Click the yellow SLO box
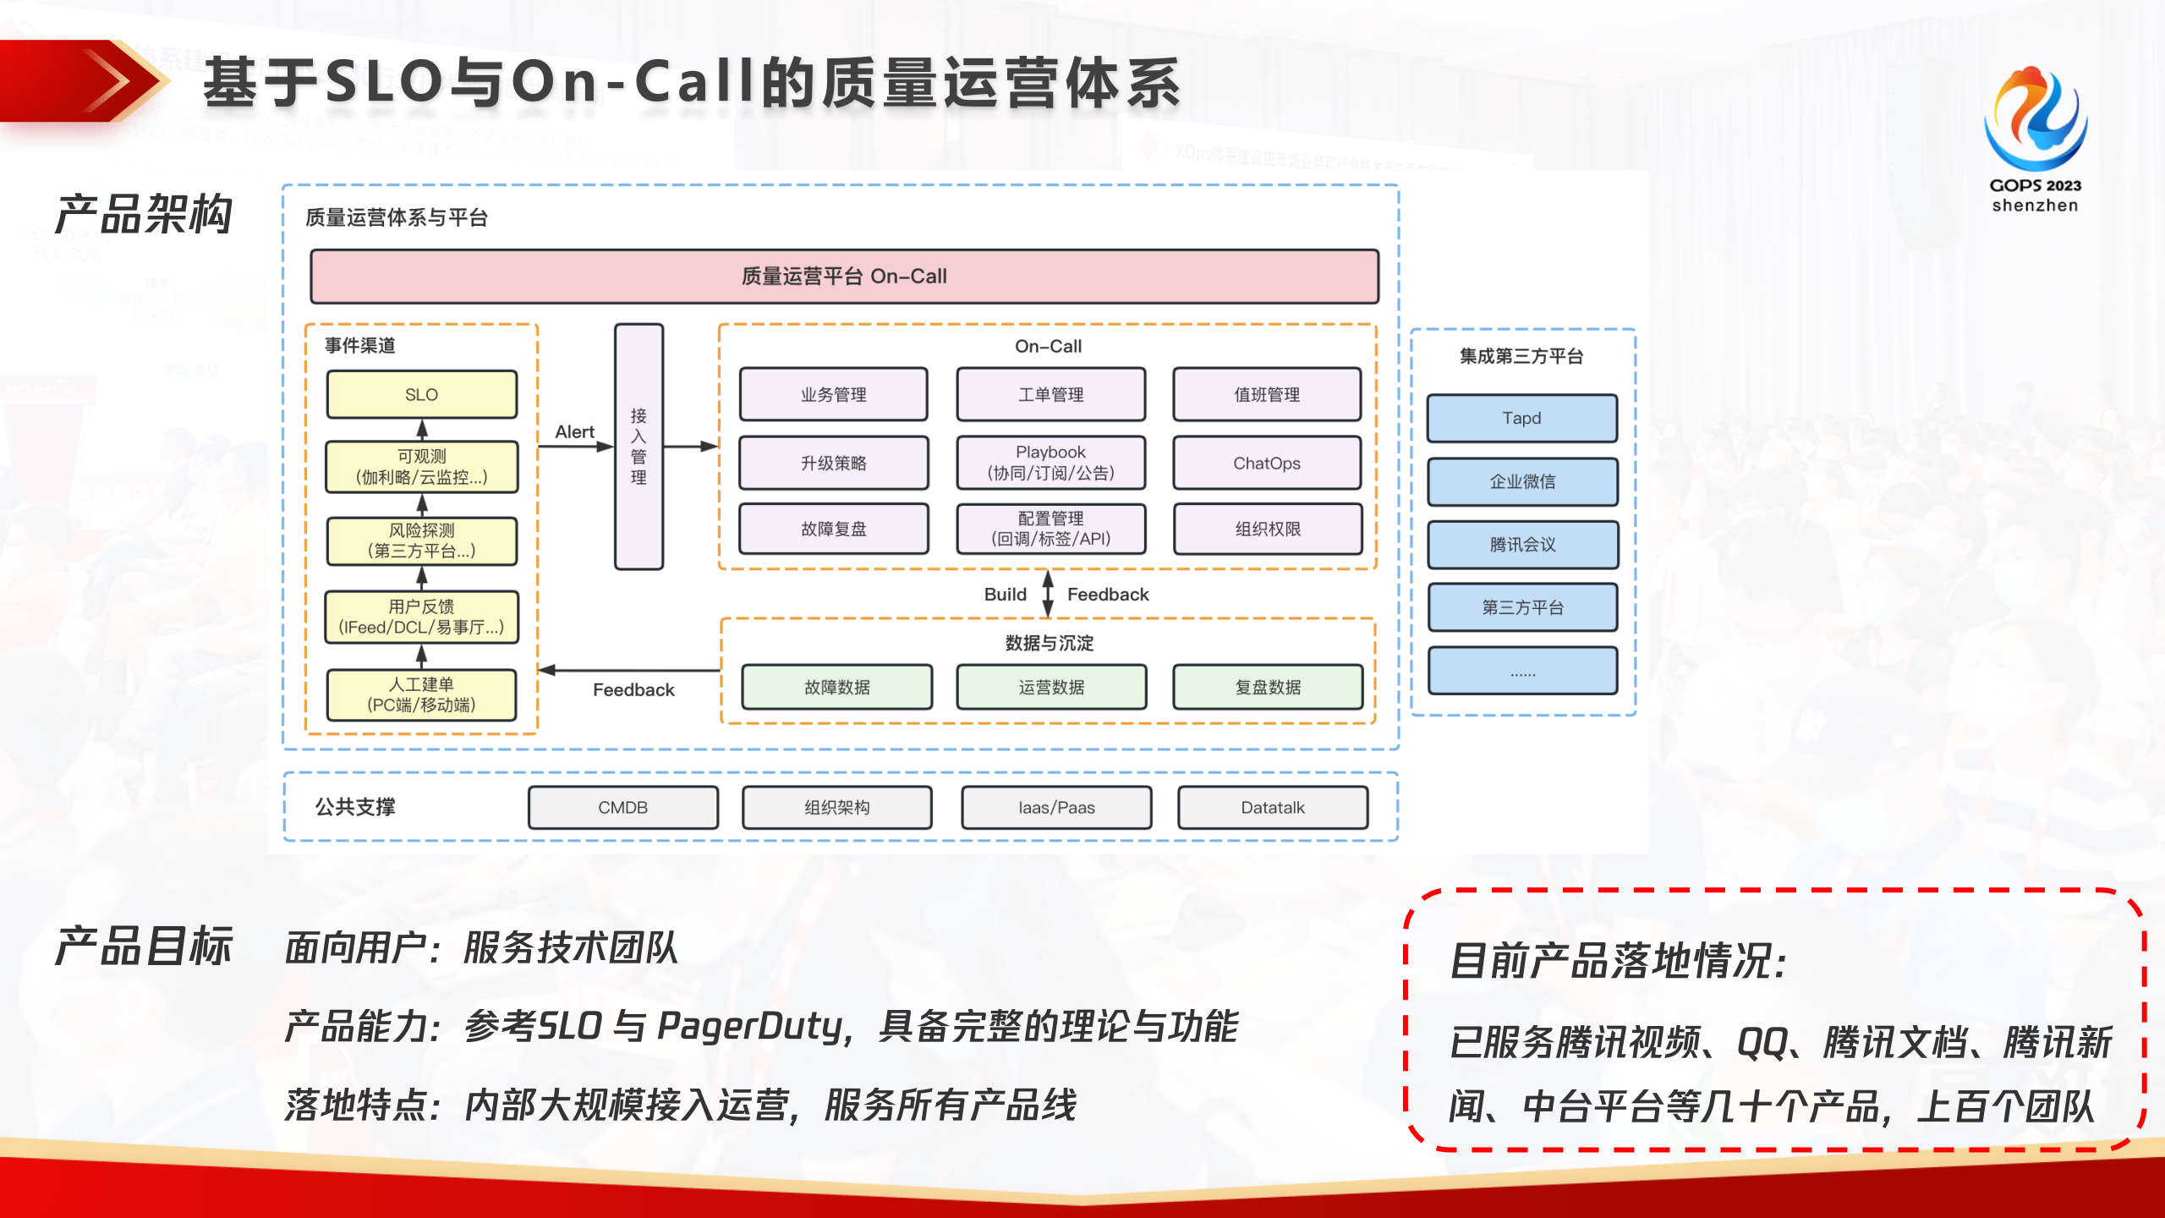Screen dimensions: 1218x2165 [x=421, y=394]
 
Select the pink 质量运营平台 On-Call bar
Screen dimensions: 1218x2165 [x=844, y=277]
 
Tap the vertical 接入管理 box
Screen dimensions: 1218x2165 [x=639, y=447]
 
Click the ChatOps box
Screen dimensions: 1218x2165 [x=1266, y=463]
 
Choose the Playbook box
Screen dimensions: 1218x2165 [x=1050, y=463]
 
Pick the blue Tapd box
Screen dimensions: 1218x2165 [x=1521, y=418]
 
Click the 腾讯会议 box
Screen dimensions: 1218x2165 [x=1521, y=545]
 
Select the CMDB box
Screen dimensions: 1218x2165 [x=622, y=807]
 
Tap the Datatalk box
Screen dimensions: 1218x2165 [x=1272, y=807]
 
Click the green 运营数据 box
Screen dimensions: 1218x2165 [x=1050, y=687]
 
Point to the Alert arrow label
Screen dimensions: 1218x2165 [x=574, y=431]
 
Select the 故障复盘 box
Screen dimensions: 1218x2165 [x=833, y=529]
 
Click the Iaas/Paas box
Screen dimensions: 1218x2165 [x=1055, y=807]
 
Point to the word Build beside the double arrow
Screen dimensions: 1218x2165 [x=1005, y=594]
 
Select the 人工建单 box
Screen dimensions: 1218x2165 [x=421, y=694]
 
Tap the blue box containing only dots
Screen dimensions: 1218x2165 [x=1521, y=672]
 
